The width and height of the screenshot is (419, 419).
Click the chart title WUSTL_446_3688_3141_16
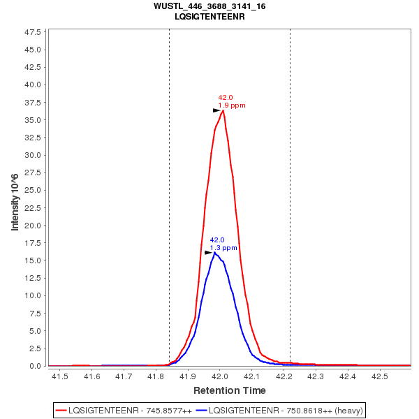tap(209, 6)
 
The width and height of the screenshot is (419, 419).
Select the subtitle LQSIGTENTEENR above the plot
tap(209, 15)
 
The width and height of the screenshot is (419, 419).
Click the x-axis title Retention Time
tap(229, 390)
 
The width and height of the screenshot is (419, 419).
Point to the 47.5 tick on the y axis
tap(33, 32)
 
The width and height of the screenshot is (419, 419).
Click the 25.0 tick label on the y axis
tap(33, 190)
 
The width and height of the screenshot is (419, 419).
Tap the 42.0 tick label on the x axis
tap(220, 376)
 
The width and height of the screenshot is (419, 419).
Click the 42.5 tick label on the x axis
tap(379, 376)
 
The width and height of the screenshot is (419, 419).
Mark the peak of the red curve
tap(223, 110)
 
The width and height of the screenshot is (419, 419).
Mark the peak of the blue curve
tap(214, 252)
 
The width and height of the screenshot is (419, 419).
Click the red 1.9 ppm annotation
tap(232, 105)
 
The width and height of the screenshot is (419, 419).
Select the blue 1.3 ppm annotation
tap(223, 248)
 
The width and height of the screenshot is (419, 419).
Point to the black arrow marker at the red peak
tap(216, 110)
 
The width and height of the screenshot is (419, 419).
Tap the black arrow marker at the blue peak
tap(208, 253)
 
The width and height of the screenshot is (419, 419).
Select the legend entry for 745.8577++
tap(124, 410)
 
